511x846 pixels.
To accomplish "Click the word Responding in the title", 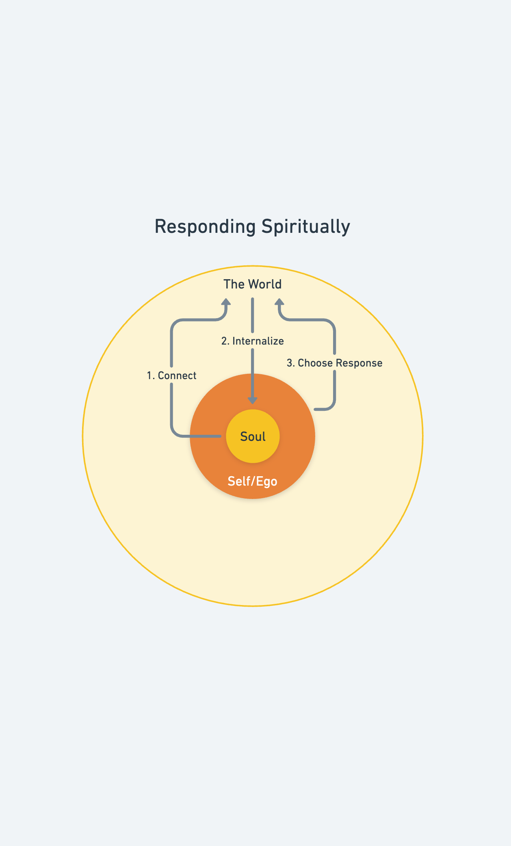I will coord(205,227).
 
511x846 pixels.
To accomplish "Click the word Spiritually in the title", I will coord(305,227).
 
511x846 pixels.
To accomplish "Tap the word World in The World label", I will coord(265,284).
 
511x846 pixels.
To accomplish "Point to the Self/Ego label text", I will coord(252,481).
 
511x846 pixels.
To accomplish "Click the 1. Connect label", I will coord(171,375).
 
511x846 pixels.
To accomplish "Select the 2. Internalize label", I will coord(253,341).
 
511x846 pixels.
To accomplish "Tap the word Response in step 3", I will coord(359,363).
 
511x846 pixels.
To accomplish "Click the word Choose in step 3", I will coord(315,363).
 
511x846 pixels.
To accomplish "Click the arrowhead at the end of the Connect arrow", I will coord(226,302).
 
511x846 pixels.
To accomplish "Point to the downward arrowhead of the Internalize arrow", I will coord(253,400).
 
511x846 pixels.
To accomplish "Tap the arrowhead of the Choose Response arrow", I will coord(279,302).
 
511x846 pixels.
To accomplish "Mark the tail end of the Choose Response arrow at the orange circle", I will coord(316,409).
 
